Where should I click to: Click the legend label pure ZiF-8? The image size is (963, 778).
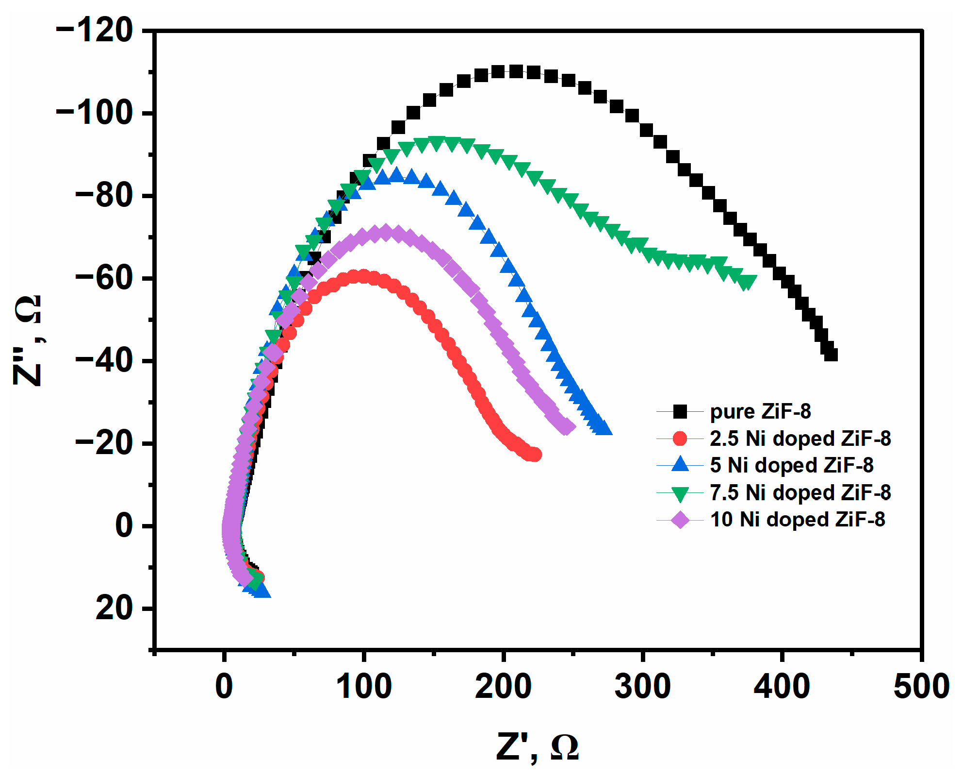point(760,412)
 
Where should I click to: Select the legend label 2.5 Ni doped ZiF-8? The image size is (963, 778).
point(800,439)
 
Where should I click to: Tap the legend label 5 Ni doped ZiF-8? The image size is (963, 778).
point(791,465)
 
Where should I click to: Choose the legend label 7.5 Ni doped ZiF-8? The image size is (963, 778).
point(800,492)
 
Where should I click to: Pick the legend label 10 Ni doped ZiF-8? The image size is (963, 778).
point(797,520)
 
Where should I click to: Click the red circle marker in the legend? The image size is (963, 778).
point(680,439)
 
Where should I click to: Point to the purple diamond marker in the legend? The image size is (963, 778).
point(680,520)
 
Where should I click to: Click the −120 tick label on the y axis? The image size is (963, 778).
point(95,31)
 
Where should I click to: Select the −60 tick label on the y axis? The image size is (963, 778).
point(104,279)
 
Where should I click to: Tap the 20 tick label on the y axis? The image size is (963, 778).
point(114,608)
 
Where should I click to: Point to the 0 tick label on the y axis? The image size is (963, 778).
point(124,526)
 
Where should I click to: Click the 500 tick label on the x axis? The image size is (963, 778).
point(921,687)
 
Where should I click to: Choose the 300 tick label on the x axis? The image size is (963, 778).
point(642,687)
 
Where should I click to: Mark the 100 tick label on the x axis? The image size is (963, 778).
point(363,687)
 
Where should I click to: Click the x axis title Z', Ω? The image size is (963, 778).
point(537,747)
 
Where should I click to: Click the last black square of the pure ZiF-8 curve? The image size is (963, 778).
point(831,355)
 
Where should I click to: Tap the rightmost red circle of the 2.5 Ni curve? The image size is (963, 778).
point(535,455)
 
